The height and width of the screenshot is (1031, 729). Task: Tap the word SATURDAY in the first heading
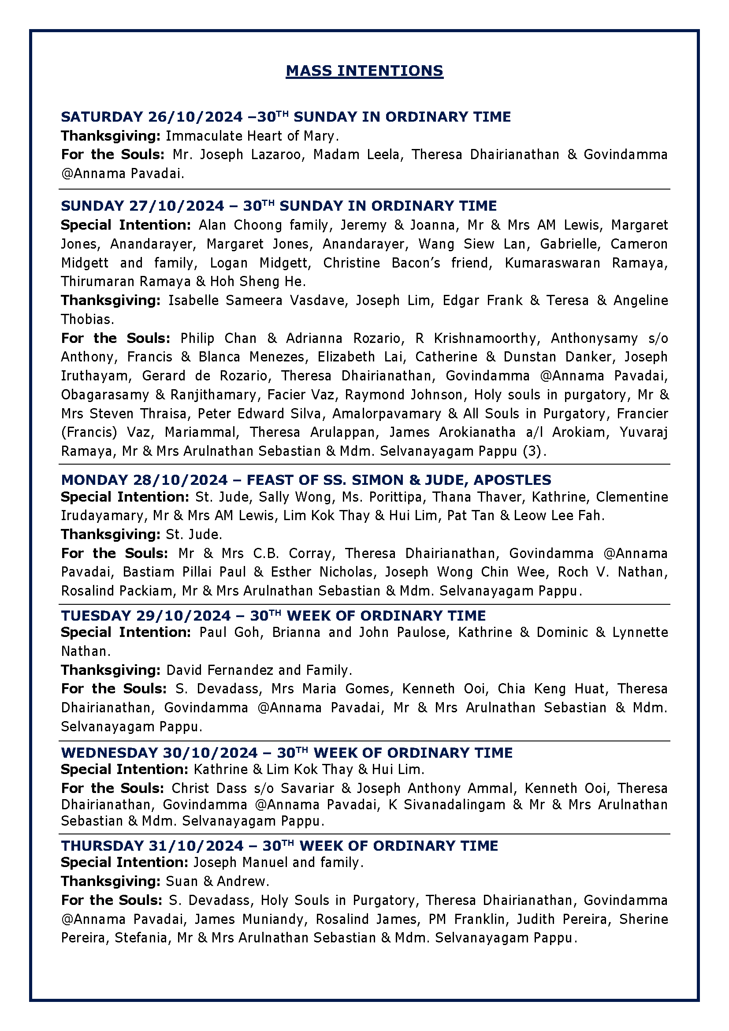point(101,117)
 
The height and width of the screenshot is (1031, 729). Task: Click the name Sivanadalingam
point(454,804)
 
